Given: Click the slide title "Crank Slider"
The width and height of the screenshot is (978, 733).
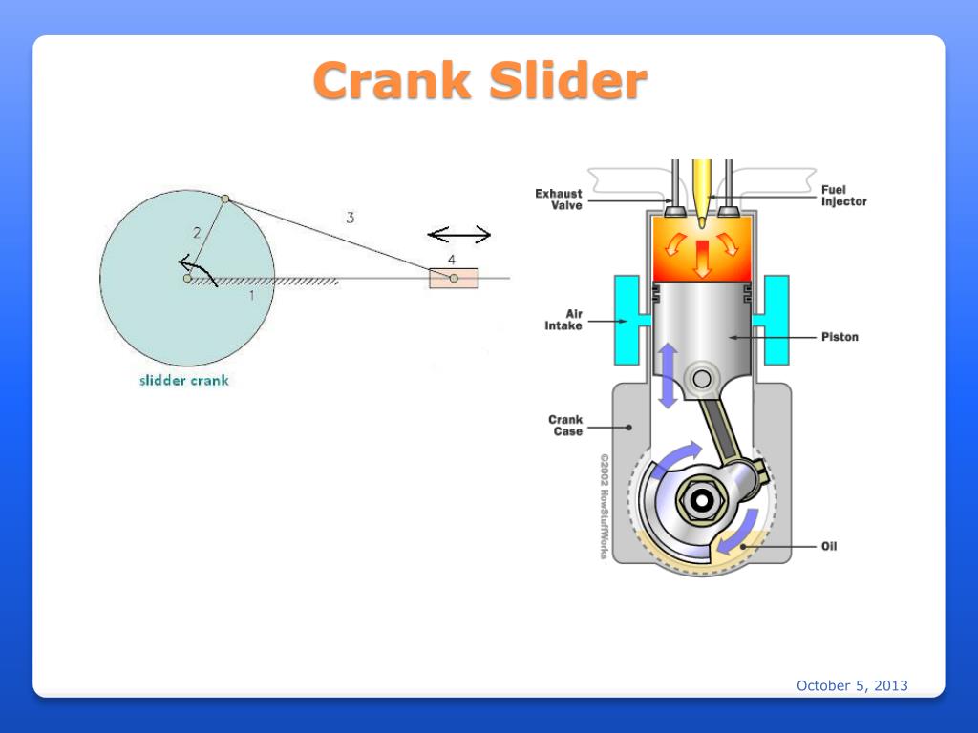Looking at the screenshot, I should [480, 80].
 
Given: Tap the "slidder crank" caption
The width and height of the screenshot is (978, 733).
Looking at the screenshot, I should [184, 380].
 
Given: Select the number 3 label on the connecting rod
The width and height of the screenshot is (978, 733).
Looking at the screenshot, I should [351, 218].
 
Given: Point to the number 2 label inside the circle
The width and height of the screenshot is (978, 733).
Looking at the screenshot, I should [197, 232].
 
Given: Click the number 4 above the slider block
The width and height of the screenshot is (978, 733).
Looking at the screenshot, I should [452, 260].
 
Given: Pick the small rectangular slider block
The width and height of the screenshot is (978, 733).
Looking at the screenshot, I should [454, 279].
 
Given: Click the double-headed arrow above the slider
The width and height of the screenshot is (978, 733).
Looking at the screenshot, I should [458, 235].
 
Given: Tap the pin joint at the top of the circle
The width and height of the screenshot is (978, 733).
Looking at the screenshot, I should [225, 199].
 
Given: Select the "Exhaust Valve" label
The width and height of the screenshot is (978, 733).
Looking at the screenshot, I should [558, 199].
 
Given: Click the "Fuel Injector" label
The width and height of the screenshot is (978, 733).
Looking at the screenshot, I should [843, 196].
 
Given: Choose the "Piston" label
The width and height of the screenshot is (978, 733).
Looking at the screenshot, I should [840, 337].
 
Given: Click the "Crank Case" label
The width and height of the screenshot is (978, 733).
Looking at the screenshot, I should [565, 425].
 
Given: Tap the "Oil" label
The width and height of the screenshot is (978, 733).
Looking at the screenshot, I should [829, 547].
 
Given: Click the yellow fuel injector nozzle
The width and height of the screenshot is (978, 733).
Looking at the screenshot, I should [702, 191].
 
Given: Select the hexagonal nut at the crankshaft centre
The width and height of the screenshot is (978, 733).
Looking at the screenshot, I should [703, 499].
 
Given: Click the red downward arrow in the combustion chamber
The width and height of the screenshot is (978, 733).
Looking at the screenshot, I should [703, 258].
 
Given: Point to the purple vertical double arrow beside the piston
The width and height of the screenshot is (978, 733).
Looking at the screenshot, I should [668, 375].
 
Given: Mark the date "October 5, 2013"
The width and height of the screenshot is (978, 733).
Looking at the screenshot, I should [852, 685].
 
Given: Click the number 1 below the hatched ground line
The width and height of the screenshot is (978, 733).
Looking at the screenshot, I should [252, 296].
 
